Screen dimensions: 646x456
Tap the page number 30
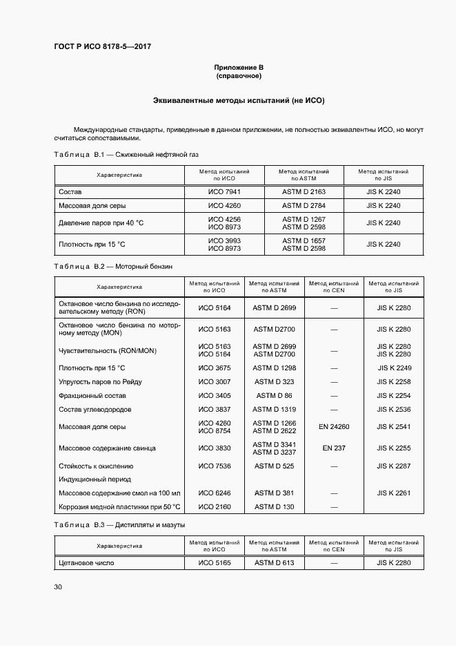tap(58, 587)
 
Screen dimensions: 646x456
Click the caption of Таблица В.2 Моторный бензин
tap(112, 265)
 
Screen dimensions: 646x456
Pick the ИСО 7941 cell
tap(224, 191)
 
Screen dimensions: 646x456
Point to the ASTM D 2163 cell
tap(304, 191)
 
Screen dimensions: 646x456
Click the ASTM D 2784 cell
tap(304, 206)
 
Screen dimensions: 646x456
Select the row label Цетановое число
tap(86, 562)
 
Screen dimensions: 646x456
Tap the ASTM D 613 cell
tap(274, 562)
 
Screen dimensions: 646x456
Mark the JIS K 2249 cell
tap(394, 368)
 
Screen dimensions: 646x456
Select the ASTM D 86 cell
tap(274, 395)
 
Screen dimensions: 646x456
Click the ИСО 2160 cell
tap(215, 507)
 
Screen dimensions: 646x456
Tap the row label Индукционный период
tap(95, 479)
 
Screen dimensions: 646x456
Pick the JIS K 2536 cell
tap(394, 409)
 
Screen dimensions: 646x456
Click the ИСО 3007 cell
tap(215, 381)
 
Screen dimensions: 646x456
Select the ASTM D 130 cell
tap(274, 507)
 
